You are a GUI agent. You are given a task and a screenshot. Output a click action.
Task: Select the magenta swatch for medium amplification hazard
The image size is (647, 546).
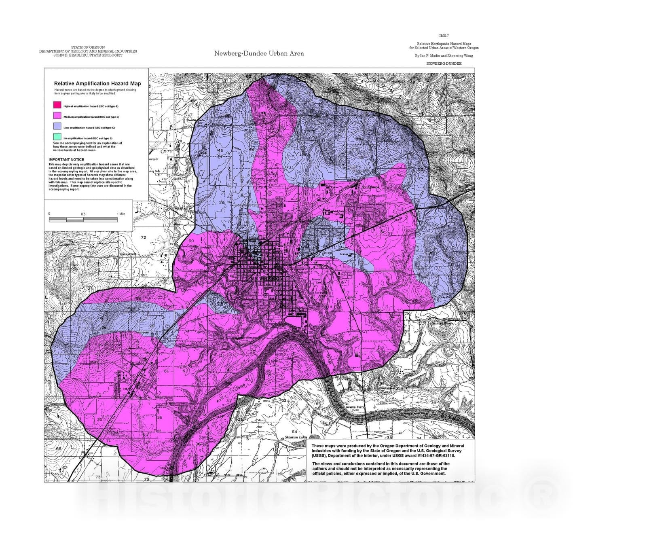pyautogui.click(x=57, y=116)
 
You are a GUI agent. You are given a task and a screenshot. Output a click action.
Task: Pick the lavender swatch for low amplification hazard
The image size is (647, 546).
pyautogui.click(x=57, y=127)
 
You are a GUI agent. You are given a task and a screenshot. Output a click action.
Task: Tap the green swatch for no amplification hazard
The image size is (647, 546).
pyautogui.click(x=57, y=137)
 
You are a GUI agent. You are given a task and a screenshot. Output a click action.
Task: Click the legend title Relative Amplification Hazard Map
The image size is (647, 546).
pyautogui.click(x=97, y=83)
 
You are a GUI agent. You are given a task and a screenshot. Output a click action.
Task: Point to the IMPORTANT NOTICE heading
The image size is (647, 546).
pyautogui.click(x=66, y=160)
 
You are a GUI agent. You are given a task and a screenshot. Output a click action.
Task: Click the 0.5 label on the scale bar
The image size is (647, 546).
pyautogui.click(x=83, y=214)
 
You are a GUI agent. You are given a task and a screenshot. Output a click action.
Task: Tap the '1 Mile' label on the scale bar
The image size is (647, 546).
pyautogui.click(x=121, y=214)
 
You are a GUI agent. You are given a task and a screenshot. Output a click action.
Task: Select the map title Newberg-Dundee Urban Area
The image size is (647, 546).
pyautogui.click(x=259, y=53)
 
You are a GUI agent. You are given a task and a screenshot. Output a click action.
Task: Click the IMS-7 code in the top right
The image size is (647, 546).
pyautogui.click(x=443, y=36)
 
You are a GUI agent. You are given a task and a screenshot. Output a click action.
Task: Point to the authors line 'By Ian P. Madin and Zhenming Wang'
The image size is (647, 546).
pyautogui.click(x=444, y=56)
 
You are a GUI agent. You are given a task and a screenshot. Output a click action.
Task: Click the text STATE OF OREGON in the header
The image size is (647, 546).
pyautogui.click(x=88, y=47)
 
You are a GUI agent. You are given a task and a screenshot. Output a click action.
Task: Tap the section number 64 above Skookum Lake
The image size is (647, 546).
pyautogui.click(x=294, y=432)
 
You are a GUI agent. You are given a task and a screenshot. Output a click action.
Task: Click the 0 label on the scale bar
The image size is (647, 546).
pyautogui.click(x=49, y=214)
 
